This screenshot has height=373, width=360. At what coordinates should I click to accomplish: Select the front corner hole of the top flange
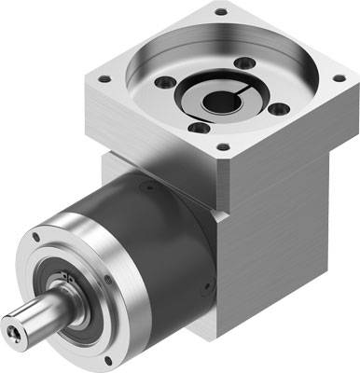(x=221, y=146)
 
